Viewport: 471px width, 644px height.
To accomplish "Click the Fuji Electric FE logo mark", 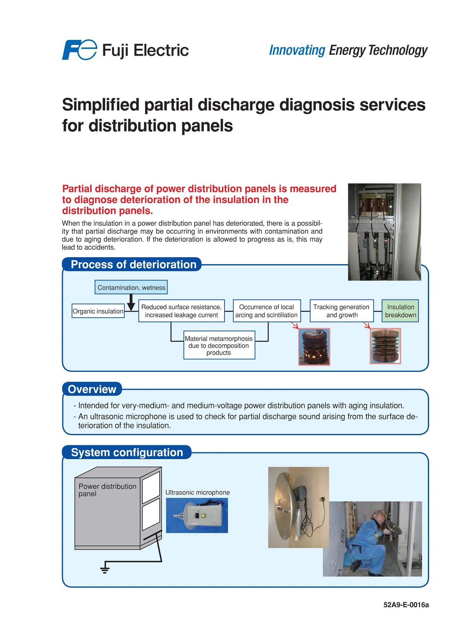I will click(x=79, y=50).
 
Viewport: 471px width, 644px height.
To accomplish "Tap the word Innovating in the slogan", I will click(x=297, y=50).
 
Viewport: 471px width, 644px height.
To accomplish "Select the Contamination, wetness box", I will click(x=131, y=287).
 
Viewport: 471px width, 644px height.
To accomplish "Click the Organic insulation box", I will click(x=98, y=311).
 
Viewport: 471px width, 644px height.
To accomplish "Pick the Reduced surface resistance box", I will click(x=181, y=311).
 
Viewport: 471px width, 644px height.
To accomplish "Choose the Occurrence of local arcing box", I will click(x=267, y=311).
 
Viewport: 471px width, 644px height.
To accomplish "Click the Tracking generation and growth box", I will click(x=342, y=311).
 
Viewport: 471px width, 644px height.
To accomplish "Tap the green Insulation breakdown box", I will click(x=400, y=311).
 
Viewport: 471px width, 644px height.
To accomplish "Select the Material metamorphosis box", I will click(x=219, y=345).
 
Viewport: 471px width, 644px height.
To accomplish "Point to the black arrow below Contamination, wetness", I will click(x=131, y=303).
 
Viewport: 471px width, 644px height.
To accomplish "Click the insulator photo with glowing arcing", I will click(x=314, y=347).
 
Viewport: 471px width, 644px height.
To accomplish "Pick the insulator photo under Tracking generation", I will click(x=385, y=346).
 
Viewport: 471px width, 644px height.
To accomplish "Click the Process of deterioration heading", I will click(x=133, y=264).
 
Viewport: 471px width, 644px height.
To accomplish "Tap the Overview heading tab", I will click(x=92, y=389).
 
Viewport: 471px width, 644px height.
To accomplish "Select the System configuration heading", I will click(x=127, y=452).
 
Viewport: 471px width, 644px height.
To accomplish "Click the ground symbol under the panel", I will click(x=105, y=569).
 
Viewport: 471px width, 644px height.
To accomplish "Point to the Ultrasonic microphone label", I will click(x=197, y=492).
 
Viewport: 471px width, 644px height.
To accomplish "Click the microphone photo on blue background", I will click(x=197, y=515).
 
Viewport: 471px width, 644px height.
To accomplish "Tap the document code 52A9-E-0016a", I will click(x=406, y=605).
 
